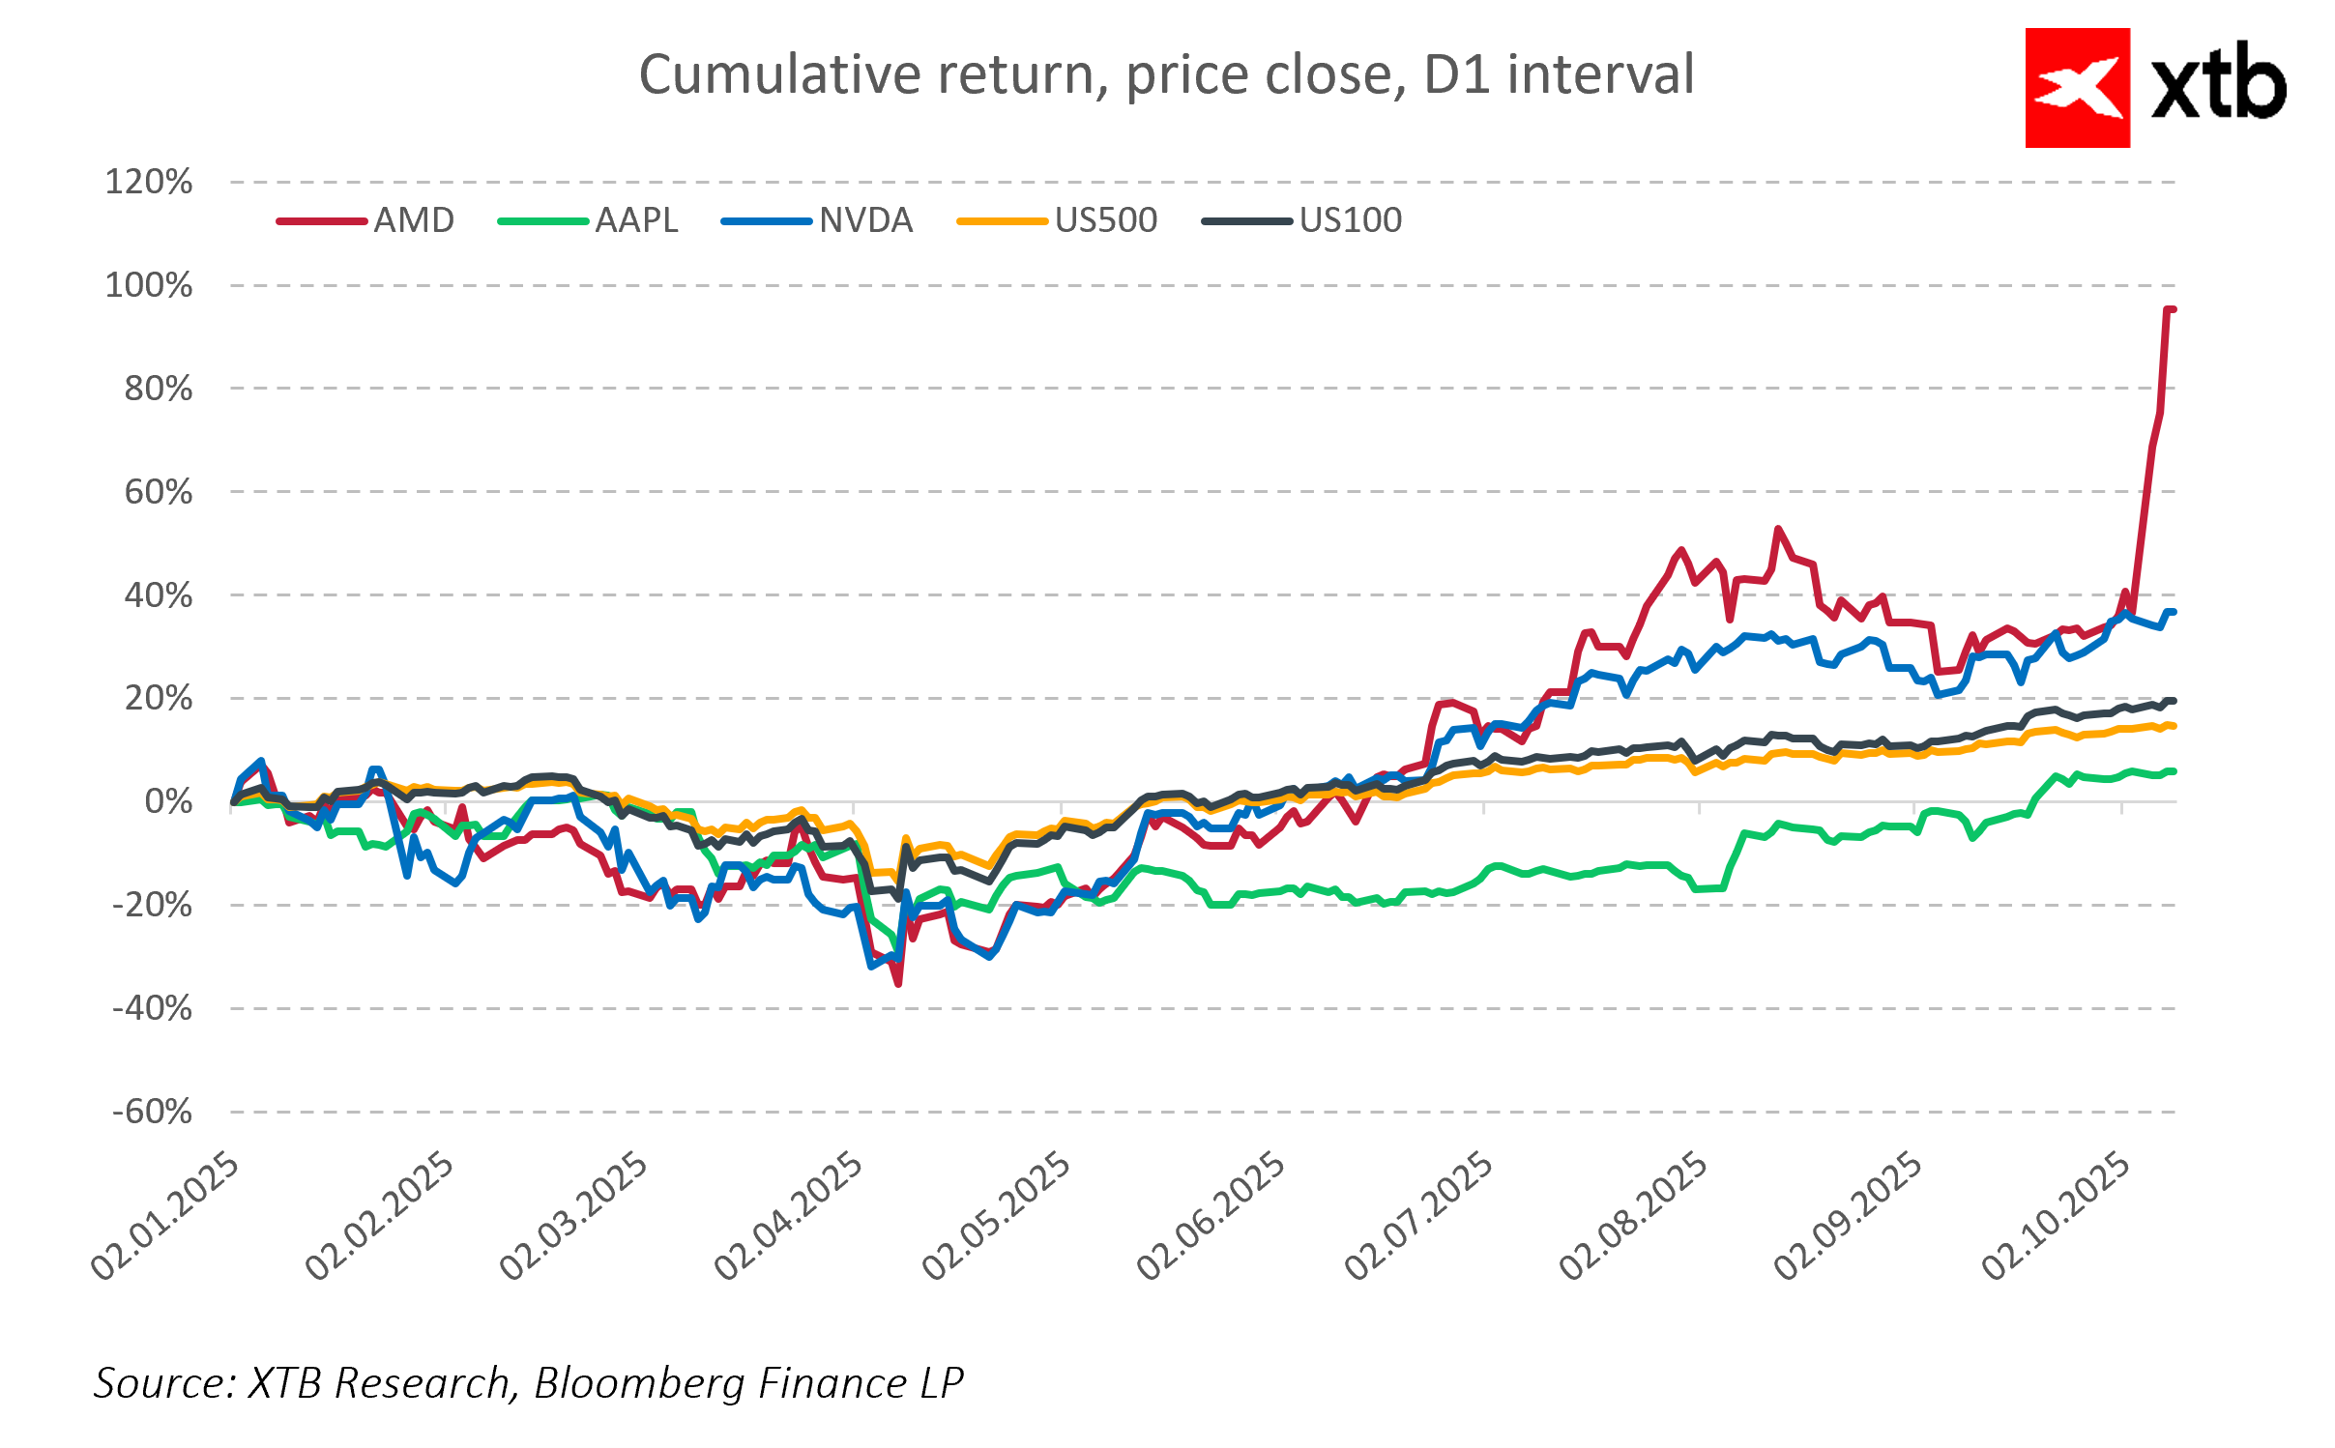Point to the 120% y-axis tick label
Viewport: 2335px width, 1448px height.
[x=149, y=182]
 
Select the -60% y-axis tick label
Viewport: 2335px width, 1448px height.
[x=153, y=1112]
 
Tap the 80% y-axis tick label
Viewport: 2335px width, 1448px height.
[x=159, y=389]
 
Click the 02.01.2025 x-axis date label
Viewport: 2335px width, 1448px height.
[x=165, y=1216]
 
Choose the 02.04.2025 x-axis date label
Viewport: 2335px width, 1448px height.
[x=789, y=1216]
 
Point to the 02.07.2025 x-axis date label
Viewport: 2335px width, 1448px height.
[x=1419, y=1216]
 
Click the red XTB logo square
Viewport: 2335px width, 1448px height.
[x=2077, y=88]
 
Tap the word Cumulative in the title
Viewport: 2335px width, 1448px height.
[x=779, y=74]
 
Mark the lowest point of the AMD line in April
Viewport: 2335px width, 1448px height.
[x=898, y=983]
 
